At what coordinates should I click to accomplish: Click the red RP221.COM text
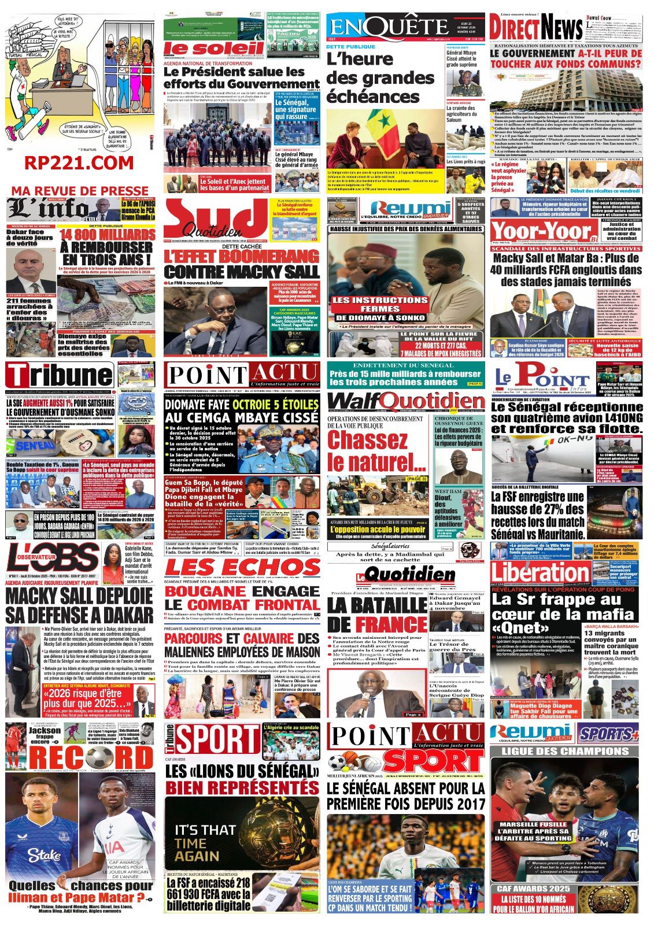click(79, 164)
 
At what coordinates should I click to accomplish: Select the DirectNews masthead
click(536, 27)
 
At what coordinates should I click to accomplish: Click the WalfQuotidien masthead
click(405, 402)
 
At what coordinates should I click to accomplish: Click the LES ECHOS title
click(242, 568)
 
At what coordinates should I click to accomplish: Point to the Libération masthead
click(541, 573)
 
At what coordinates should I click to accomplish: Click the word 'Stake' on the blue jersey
click(44, 855)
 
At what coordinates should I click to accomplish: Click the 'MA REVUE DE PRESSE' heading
click(80, 190)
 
